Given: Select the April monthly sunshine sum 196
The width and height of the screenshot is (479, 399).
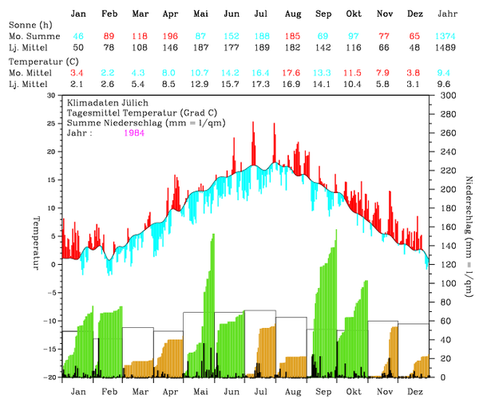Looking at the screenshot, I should pos(169,37).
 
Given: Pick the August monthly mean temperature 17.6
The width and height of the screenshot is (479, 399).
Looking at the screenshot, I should pos(292,73).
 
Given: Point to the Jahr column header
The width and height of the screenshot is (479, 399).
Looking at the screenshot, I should pos(449,14).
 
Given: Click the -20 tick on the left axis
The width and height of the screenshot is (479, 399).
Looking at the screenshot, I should pos(49,377).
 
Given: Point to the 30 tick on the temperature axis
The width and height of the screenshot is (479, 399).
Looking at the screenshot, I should pos(52,95).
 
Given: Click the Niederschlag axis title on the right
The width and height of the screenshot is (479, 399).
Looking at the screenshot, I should pos(469,236).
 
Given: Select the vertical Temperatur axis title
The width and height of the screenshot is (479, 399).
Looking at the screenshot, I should pos(36,236).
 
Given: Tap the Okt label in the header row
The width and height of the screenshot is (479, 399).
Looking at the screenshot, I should pos(354,14).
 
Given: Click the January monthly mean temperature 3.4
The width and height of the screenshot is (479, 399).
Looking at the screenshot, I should pos(77,73).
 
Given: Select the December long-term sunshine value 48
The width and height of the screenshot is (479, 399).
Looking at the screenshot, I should pos(415,49).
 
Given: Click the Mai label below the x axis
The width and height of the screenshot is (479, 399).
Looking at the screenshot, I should pos(200,391).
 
